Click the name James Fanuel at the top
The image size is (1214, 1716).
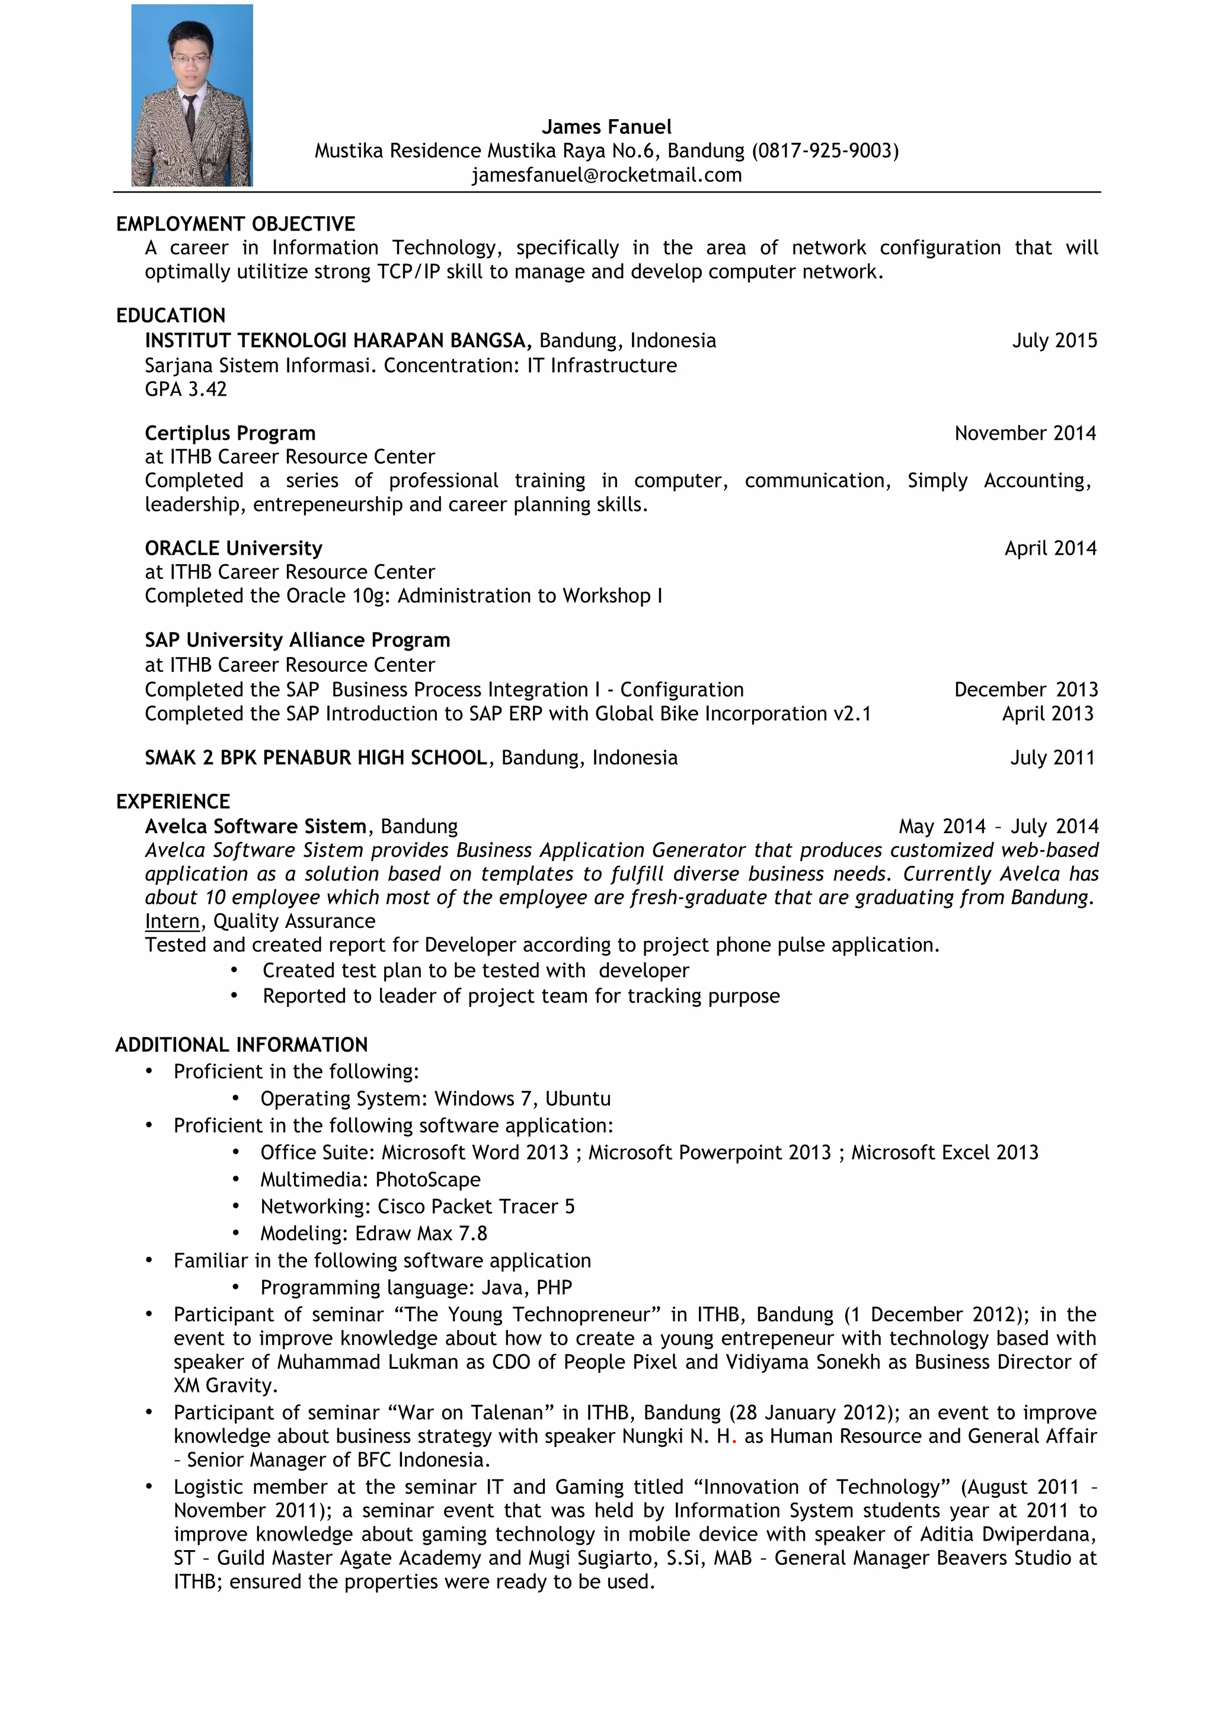(606, 127)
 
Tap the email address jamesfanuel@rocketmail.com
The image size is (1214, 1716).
(606, 175)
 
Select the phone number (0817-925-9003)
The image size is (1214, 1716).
(825, 151)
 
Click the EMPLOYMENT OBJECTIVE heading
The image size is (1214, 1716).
(235, 224)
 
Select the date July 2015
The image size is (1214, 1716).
(1054, 341)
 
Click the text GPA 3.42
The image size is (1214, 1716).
(186, 389)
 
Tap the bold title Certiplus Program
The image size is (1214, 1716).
(230, 434)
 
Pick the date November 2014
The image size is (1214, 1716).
(1025, 434)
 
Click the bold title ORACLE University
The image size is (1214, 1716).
(233, 549)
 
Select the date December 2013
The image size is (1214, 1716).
(1025, 690)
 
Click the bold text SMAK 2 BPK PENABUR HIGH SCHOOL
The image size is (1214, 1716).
(316, 758)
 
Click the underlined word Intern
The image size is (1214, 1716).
(172, 921)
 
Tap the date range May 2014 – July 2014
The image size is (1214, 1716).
(998, 827)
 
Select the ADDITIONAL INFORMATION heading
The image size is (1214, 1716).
(241, 1045)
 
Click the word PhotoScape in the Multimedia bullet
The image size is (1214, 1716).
(427, 1180)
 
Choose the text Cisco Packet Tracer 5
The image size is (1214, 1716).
(475, 1207)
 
